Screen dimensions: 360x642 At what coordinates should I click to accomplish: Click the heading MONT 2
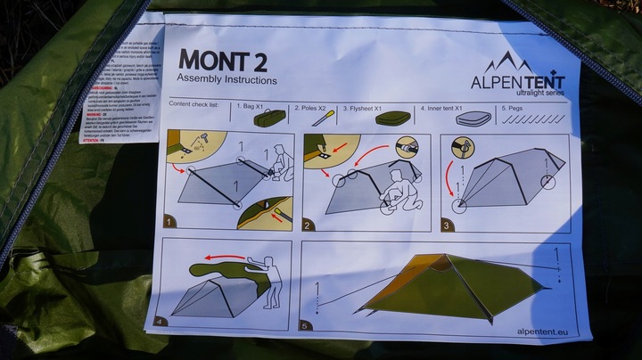pyautogui.click(x=222, y=60)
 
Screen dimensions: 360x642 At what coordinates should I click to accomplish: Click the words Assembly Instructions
pyautogui.click(x=226, y=80)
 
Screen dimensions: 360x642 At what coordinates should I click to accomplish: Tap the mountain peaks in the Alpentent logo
pyautogui.click(x=507, y=61)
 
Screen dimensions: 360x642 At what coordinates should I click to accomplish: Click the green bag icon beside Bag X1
pyautogui.click(x=269, y=117)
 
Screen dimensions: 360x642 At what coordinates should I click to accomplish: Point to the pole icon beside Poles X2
pyautogui.click(x=324, y=117)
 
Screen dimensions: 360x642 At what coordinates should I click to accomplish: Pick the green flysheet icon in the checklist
pyautogui.click(x=392, y=118)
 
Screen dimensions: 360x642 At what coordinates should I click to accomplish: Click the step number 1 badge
pyautogui.click(x=169, y=220)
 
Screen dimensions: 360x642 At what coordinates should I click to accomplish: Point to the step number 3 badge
pyautogui.click(x=447, y=225)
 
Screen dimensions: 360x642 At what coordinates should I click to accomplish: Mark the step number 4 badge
pyautogui.click(x=161, y=321)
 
